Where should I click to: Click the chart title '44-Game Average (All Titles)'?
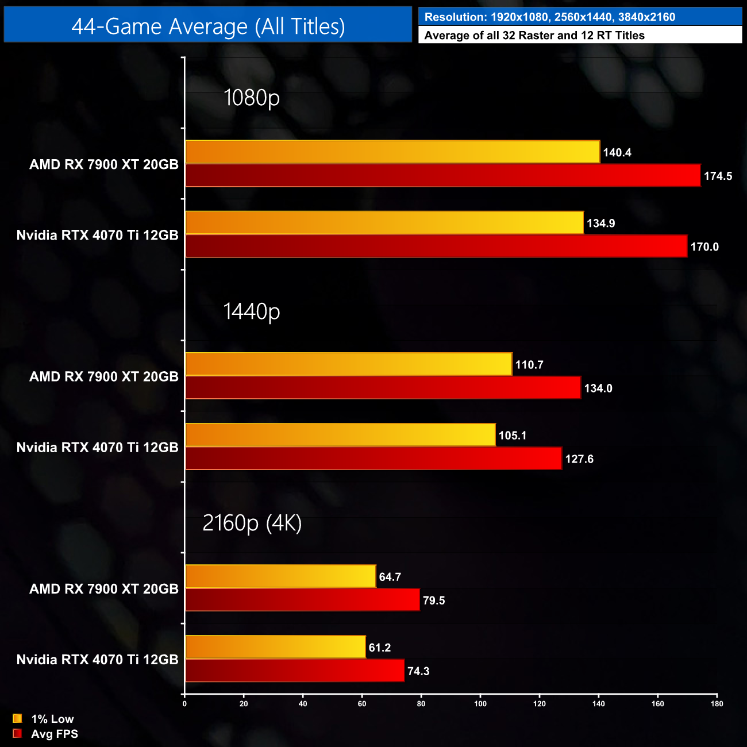click(x=208, y=26)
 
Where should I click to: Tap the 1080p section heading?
click(x=251, y=98)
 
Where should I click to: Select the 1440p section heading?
click(x=251, y=311)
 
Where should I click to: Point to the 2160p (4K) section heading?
click(x=252, y=523)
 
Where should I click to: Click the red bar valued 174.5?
click(x=443, y=176)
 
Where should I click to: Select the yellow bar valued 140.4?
click(x=392, y=152)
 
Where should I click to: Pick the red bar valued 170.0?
click(x=436, y=247)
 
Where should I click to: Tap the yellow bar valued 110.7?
click(x=349, y=364)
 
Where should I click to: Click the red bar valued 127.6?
click(x=373, y=459)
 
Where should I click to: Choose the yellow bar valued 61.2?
click(x=275, y=647)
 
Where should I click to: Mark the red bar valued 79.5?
click(x=302, y=600)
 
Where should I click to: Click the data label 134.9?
click(x=600, y=224)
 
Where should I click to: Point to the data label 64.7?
click(x=390, y=577)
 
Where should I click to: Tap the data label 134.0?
click(x=598, y=388)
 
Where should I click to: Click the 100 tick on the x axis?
click(x=480, y=704)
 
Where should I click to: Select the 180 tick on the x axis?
click(x=717, y=704)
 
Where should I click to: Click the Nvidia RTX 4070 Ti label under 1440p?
click(x=97, y=447)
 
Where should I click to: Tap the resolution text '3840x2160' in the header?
click(x=646, y=17)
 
